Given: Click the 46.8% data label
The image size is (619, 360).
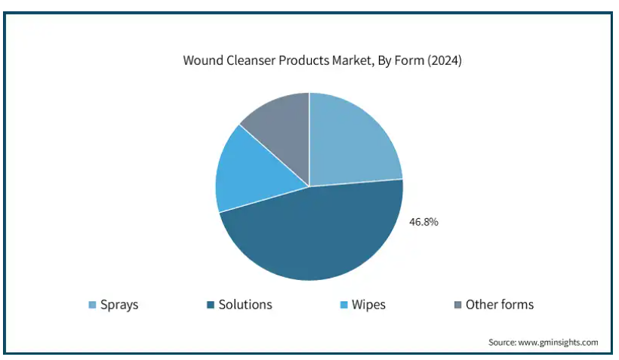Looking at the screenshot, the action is [423, 222].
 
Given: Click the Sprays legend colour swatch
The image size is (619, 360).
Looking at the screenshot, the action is [92, 305].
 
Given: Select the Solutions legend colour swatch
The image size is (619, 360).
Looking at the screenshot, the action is [211, 305].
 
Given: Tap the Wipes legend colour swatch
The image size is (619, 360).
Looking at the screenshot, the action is [343, 305].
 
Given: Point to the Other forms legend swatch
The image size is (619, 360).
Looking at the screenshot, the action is [458, 305].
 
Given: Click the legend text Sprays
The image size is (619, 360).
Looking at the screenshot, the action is [119, 305].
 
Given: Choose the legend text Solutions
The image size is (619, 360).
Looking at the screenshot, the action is [245, 304].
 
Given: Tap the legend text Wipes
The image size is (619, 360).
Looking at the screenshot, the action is [368, 305].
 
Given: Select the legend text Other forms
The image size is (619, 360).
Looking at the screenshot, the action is [500, 304].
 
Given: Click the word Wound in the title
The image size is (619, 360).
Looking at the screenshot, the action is [203, 60].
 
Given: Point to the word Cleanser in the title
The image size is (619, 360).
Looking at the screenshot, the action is [251, 60].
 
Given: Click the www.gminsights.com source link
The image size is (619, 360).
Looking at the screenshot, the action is [558, 342].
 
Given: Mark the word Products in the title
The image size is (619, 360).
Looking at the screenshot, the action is [304, 60].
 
